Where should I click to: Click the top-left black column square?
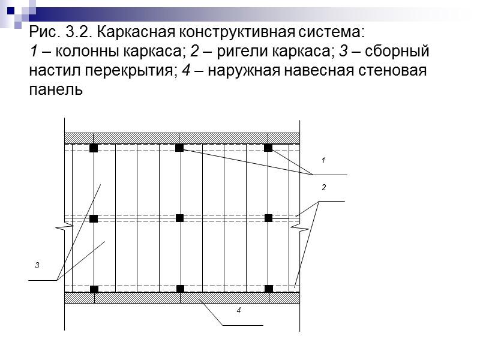[94, 148]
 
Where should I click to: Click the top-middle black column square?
[179, 148]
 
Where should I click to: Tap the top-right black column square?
[268, 148]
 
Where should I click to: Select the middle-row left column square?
[94, 219]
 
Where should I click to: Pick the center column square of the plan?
[179, 218]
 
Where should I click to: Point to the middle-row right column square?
[268, 218]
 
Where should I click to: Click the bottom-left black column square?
[94, 289]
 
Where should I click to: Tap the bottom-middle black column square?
[180, 289]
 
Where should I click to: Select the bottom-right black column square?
[268, 289]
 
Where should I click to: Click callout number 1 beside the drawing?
[323, 161]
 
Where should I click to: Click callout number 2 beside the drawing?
[323, 188]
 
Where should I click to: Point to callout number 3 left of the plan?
[37, 265]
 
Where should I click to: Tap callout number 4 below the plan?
[238, 311]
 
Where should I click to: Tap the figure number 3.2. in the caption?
[70, 31]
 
